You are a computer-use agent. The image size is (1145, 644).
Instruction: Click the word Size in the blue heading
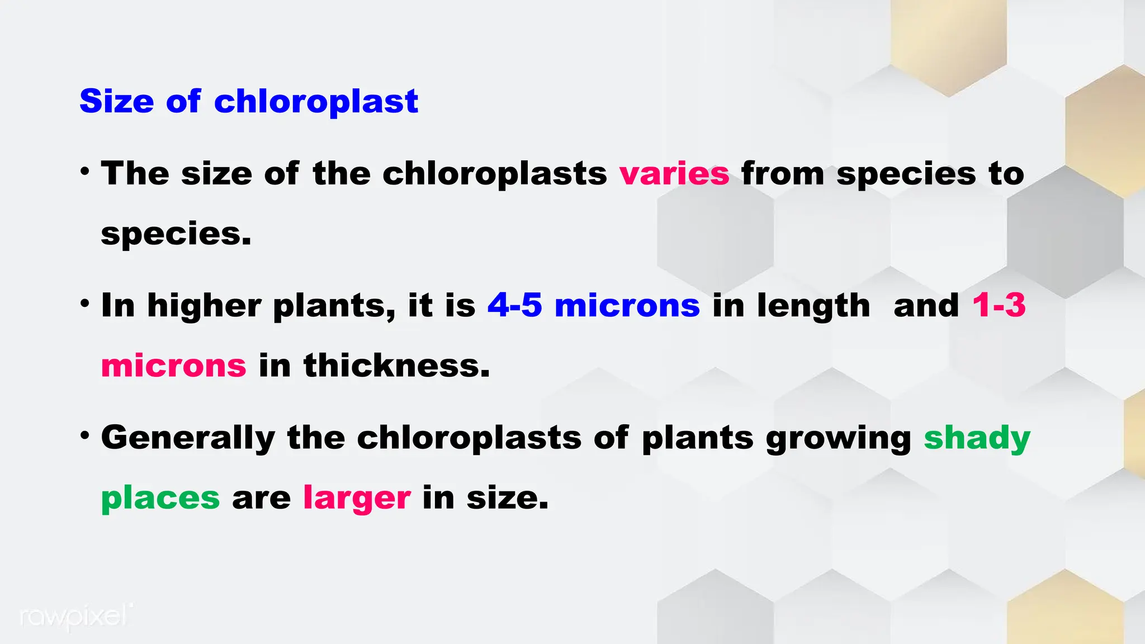116,101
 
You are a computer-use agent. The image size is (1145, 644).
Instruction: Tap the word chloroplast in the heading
316,101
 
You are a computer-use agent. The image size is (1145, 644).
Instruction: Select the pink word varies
674,173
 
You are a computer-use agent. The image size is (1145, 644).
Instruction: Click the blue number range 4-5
515,305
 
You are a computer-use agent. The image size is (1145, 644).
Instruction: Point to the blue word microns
627,305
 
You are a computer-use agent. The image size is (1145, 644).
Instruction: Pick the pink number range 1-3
999,305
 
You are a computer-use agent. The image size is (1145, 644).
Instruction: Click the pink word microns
173,366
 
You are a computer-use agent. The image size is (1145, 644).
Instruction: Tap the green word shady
977,438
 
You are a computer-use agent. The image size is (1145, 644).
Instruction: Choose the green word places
160,498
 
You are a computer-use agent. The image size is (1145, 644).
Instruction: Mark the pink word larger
357,498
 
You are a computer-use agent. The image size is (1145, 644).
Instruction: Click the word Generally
188,437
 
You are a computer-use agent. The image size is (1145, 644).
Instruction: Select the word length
813,305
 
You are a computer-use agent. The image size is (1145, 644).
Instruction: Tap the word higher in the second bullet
204,305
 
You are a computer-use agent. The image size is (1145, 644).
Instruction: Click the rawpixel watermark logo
76,617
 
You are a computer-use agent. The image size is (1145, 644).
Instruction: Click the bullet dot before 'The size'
85,171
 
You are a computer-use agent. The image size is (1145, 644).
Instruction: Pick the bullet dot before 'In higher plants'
85,304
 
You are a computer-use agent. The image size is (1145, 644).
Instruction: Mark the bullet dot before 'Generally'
85,435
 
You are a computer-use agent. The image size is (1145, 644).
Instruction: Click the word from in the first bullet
783,173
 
